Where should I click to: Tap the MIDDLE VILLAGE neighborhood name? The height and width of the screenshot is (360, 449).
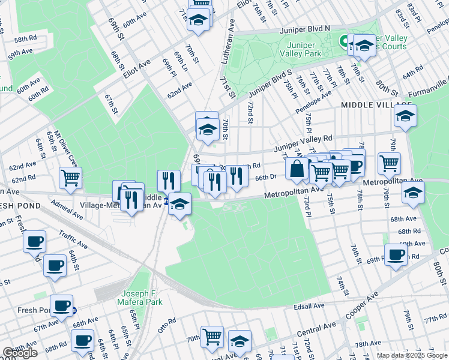369,105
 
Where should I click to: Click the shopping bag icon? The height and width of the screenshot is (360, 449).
297,169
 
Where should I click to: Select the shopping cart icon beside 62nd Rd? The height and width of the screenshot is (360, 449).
71,178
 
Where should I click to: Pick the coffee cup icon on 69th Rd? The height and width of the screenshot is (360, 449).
396,254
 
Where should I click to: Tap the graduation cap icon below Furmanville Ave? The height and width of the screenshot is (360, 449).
406,116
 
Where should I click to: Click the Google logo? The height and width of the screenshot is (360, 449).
20,353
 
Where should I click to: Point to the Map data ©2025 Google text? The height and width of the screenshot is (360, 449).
412,355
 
